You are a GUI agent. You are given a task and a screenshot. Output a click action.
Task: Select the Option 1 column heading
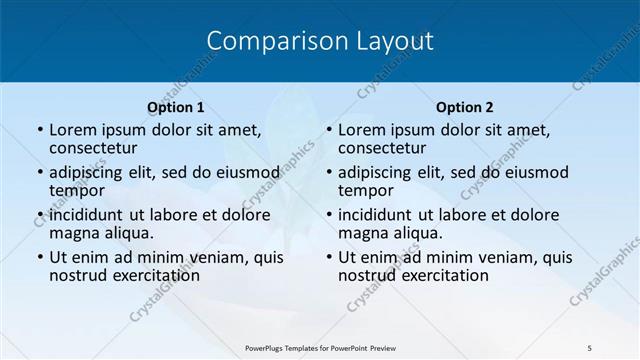[x=175, y=107]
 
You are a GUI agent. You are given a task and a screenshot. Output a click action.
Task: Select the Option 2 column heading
[x=464, y=107]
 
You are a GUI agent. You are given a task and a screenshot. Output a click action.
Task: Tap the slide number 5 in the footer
[x=590, y=347]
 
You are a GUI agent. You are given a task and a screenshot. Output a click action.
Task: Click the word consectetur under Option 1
[x=91, y=148]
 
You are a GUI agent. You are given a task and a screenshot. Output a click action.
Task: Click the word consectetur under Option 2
[x=380, y=148]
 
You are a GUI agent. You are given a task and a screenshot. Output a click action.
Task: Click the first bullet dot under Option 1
[x=39, y=131]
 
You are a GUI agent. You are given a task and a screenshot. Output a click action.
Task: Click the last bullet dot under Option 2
[x=328, y=258]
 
